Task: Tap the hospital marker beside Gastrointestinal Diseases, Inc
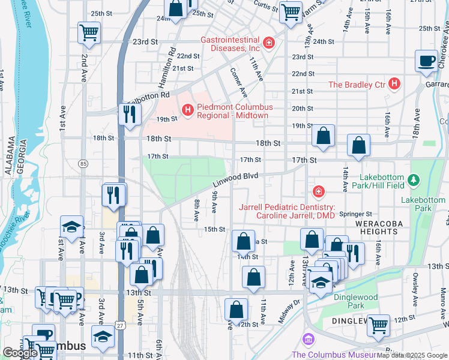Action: tap(269, 43)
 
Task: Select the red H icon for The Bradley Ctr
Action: tap(394, 84)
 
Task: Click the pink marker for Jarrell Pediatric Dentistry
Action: tap(318, 192)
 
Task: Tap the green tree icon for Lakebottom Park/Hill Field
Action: tap(413, 179)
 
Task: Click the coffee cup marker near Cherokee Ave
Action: tap(427, 61)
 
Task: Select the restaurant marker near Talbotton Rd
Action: tap(130, 113)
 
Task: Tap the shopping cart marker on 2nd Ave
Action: tap(89, 33)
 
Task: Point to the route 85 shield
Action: tap(83, 163)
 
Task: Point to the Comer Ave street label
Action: tap(238, 83)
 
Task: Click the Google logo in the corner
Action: tap(20, 353)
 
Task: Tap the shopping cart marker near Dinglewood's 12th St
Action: tap(378, 326)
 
